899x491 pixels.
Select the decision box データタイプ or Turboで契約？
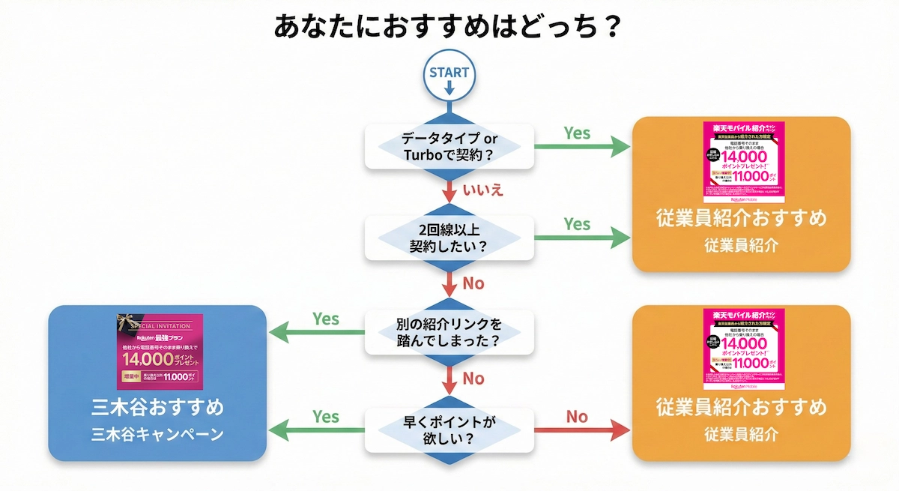click(449, 147)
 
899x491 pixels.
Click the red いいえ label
click(482, 189)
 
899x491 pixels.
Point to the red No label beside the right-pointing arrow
click(577, 417)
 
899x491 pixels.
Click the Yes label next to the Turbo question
click(577, 133)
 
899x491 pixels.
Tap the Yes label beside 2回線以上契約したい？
click(577, 224)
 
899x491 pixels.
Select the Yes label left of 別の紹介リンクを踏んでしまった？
click(326, 319)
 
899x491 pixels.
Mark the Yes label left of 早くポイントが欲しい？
click(326, 417)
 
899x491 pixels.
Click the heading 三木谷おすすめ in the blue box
click(157, 409)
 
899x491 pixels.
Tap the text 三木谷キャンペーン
click(157, 434)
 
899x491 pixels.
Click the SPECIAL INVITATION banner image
click(160, 351)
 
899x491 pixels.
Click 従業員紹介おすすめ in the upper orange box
click(742, 219)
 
